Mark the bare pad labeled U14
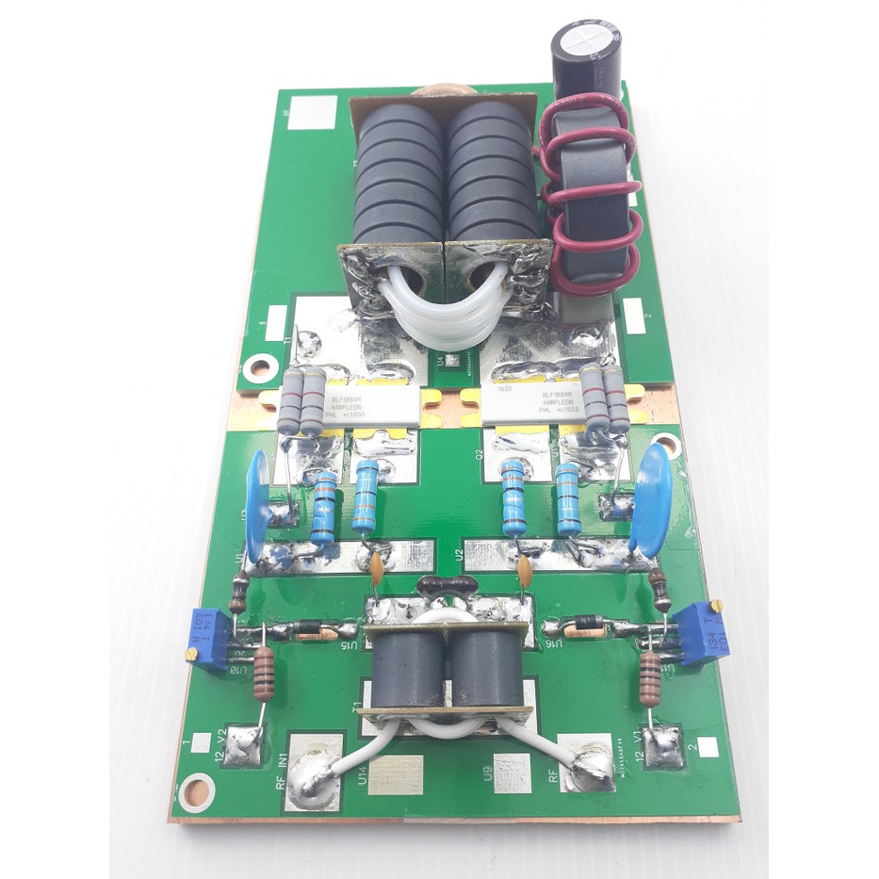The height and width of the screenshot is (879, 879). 396,774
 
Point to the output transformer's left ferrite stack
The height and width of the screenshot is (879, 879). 398,174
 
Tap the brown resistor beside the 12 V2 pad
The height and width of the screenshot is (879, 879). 263,673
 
